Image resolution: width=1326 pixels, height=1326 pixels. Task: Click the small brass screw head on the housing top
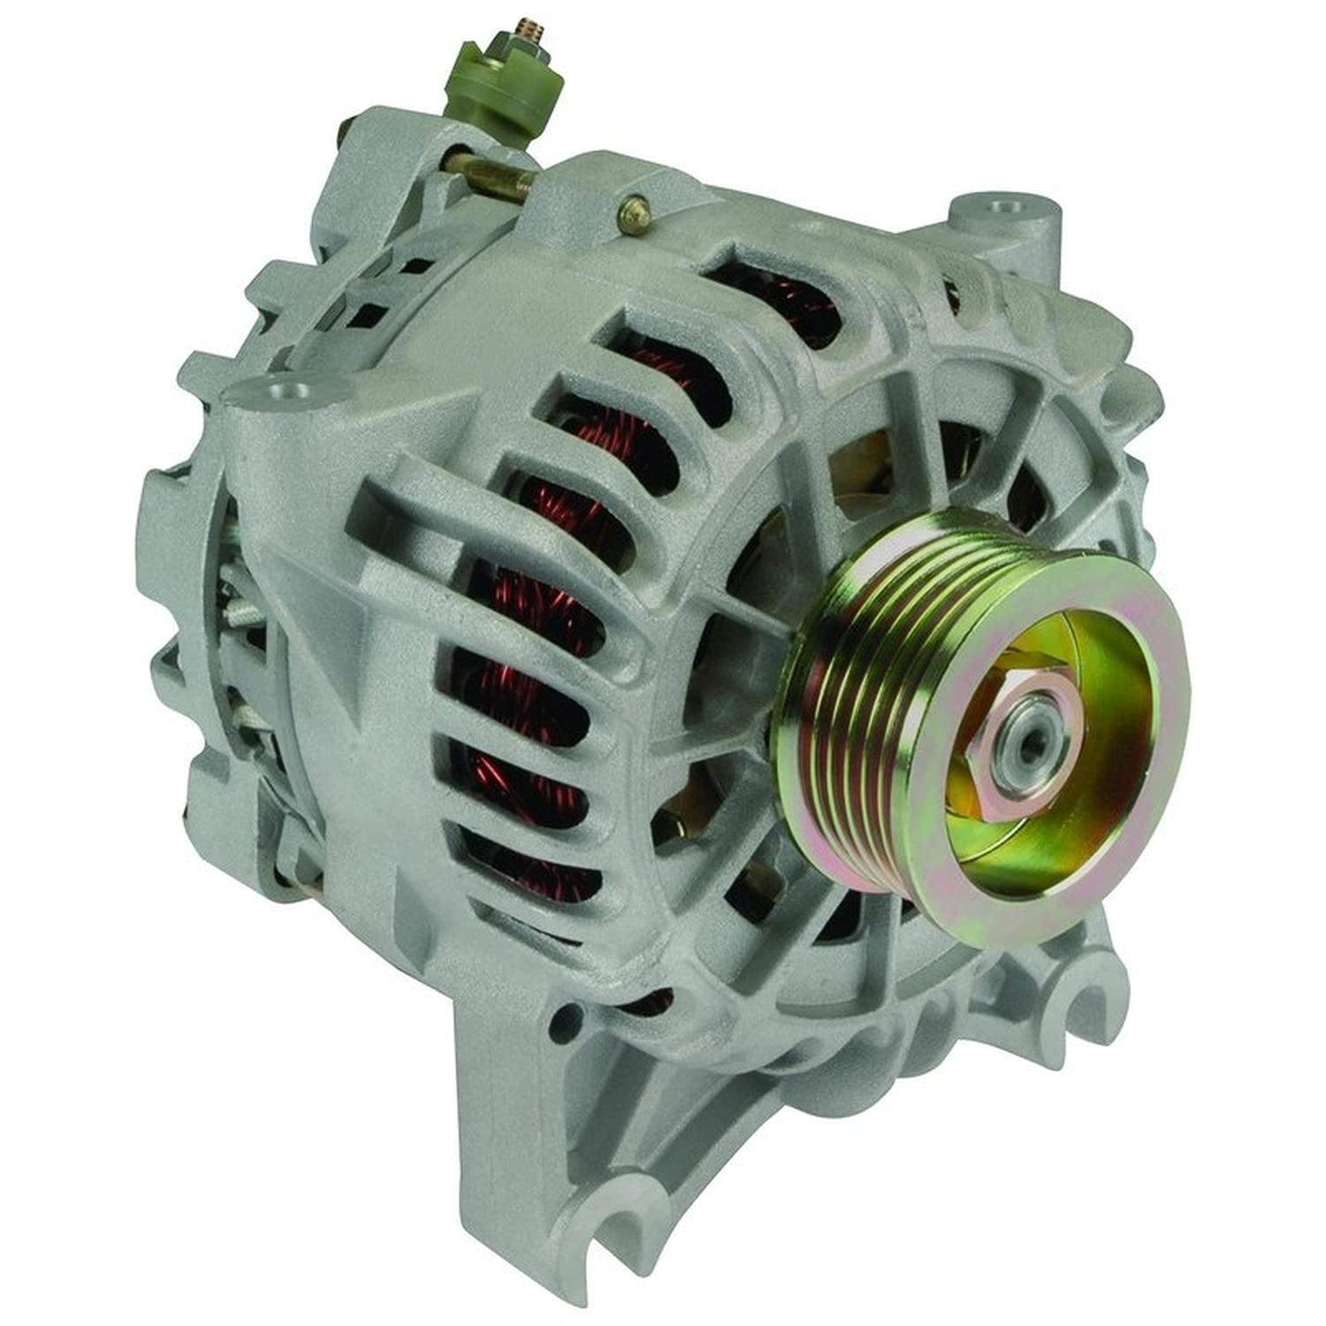click(x=634, y=214)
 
